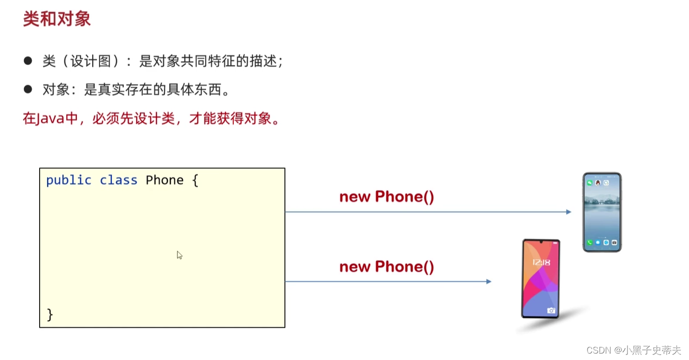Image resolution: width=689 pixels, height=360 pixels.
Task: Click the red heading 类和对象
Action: (x=56, y=19)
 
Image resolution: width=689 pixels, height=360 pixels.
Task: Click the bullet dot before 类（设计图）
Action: (x=28, y=61)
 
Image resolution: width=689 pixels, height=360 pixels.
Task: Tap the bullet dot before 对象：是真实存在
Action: (x=28, y=89)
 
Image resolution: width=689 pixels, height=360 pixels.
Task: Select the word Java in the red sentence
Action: (x=50, y=119)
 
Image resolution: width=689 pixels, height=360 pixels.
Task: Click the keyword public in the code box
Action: (x=69, y=180)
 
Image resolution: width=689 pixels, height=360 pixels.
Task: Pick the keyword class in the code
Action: (x=118, y=180)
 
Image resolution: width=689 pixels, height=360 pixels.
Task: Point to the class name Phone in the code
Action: (x=164, y=180)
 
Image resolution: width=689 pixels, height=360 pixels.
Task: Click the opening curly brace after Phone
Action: (x=195, y=180)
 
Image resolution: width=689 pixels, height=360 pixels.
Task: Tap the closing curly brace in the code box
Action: (x=50, y=314)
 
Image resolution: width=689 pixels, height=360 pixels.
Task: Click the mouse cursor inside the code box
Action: (x=179, y=255)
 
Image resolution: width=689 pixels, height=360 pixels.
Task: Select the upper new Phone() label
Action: (x=386, y=197)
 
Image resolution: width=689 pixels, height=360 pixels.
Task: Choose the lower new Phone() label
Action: (x=386, y=267)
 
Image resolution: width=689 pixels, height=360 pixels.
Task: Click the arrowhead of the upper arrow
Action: (x=569, y=212)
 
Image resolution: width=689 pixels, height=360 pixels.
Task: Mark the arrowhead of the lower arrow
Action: (x=489, y=282)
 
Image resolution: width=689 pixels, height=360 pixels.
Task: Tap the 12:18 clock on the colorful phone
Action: (x=541, y=262)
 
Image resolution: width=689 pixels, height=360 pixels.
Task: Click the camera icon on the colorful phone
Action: (x=551, y=310)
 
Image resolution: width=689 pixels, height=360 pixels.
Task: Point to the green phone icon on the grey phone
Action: (x=589, y=243)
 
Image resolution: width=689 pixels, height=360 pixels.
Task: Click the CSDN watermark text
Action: (x=597, y=350)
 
